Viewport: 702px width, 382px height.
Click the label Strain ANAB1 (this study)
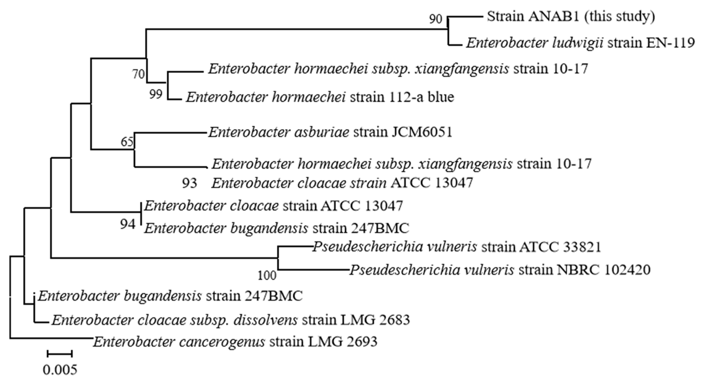[x=571, y=17]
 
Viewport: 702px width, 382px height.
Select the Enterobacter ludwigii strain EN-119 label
[x=580, y=43]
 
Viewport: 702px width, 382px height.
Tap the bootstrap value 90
[x=435, y=19]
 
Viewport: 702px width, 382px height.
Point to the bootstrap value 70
[x=138, y=74]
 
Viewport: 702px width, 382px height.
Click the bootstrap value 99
[x=156, y=94]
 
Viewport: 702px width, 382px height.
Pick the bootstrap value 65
[x=127, y=142]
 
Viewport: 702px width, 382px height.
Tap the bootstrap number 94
[x=128, y=224]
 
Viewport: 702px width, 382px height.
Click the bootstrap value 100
[x=267, y=276]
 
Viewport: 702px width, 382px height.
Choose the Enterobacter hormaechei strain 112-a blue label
[x=320, y=97]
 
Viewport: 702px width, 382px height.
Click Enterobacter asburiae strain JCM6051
[x=330, y=133]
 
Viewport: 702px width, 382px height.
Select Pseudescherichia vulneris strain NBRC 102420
[x=500, y=270]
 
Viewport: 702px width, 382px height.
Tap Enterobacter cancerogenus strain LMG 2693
[x=235, y=342]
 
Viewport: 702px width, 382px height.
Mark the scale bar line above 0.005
[x=60, y=354]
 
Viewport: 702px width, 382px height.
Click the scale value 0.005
[x=60, y=370]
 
